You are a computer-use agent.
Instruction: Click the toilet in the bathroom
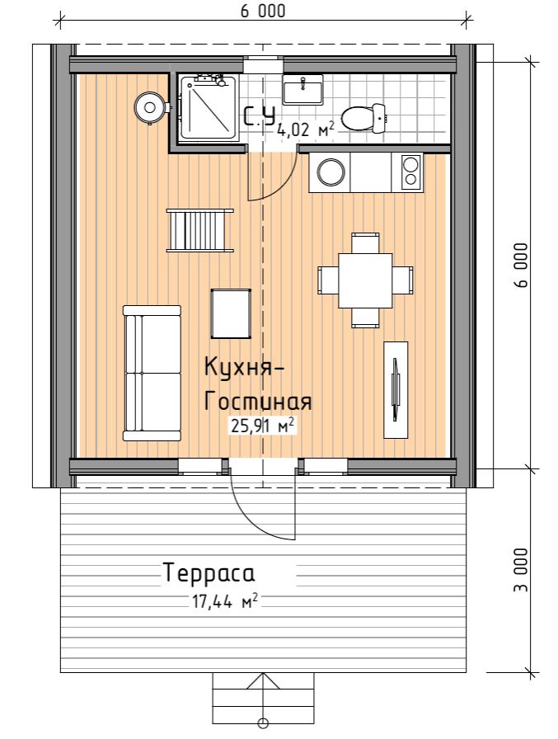click(363, 119)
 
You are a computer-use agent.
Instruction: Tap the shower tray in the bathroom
click(209, 108)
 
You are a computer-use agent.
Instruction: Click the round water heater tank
click(150, 106)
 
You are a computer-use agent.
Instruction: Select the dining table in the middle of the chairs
click(365, 280)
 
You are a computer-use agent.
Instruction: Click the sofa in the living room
click(152, 372)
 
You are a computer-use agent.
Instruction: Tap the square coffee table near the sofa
click(231, 313)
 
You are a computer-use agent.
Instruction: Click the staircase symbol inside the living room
click(199, 230)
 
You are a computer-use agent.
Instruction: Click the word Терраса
click(209, 572)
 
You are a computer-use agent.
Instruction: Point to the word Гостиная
click(258, 402)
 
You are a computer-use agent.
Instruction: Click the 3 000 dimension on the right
click(520, 570)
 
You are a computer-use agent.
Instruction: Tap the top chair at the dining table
click(365, 242)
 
